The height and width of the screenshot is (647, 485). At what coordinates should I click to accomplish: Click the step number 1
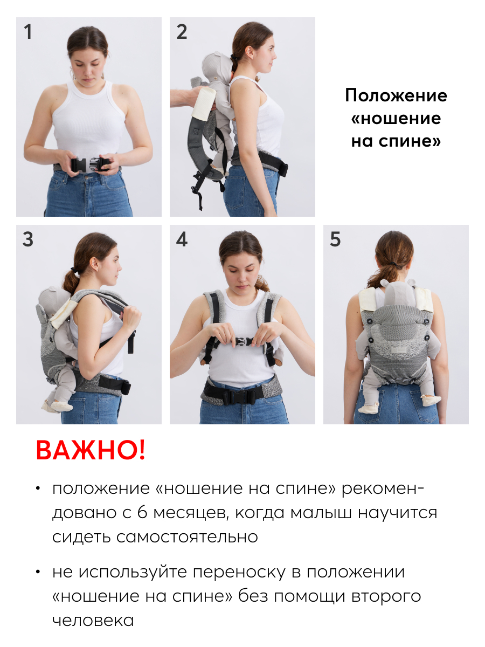click(28, 31)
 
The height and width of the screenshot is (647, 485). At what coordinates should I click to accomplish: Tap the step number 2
click(182, 31)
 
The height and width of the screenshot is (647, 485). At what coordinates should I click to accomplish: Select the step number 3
click(28, 239)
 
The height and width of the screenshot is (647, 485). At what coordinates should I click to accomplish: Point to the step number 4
click(182, 239)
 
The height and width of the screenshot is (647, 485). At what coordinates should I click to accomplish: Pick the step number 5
click(335, 239)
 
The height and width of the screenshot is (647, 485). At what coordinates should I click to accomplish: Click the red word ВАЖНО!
click(91, 450)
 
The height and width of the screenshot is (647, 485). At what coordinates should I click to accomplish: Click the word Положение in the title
click(396, 95)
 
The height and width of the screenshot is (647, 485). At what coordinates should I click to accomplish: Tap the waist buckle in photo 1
click(90, 164)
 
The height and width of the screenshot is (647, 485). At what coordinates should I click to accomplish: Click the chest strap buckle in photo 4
click(244, 342)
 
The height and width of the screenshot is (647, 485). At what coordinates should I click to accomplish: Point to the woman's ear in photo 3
click(94, 264)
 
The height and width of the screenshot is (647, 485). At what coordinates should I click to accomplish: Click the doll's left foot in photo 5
click(368, 408)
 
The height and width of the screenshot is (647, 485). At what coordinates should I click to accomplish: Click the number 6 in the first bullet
click(142, 512)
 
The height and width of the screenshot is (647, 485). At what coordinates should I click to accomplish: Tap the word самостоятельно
click(188, 537)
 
